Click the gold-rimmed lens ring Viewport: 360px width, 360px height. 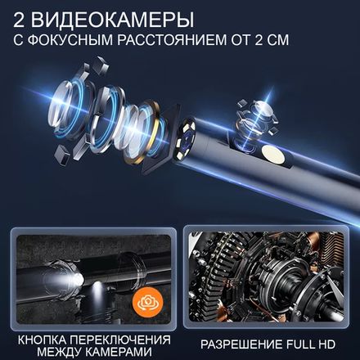[x=150, y=118]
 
